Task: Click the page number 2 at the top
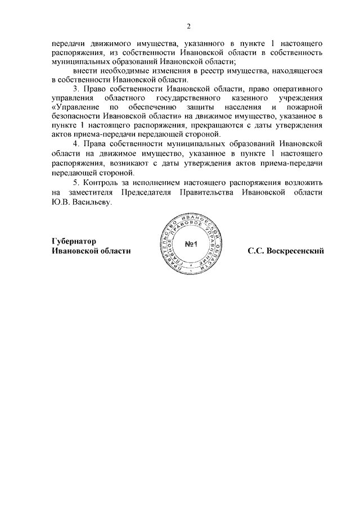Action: (x=189, y=25)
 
